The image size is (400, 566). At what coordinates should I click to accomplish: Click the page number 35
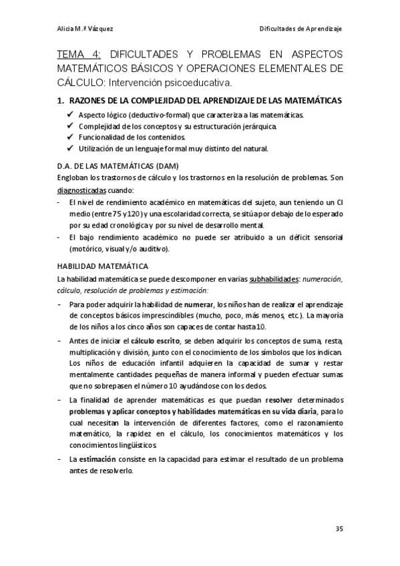(339, 529)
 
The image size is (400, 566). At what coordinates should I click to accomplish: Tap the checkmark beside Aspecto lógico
(71, 115)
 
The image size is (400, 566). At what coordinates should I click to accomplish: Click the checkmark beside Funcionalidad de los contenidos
(71, 137)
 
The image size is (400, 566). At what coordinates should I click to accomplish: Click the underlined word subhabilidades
(274, 278)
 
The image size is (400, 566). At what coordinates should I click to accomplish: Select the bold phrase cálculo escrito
(150, 341)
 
